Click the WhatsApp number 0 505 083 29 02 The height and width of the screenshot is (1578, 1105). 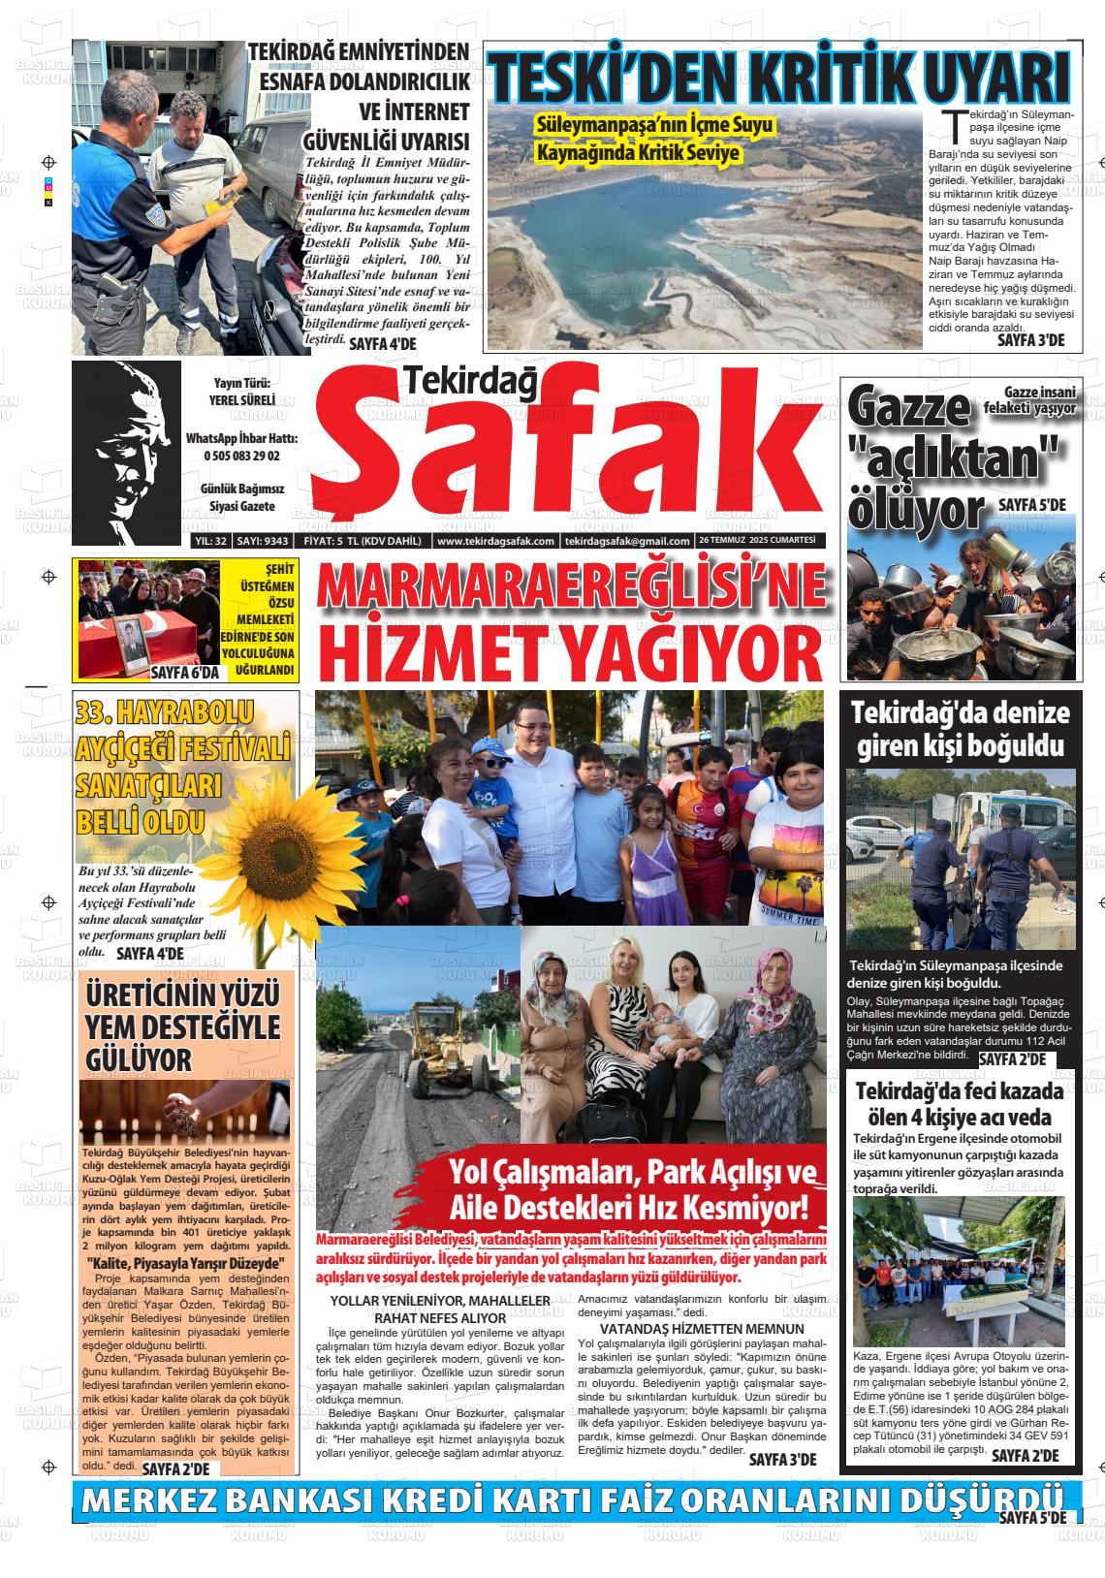[x=242, y=456]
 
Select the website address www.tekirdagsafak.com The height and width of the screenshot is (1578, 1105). [x=494, y=541]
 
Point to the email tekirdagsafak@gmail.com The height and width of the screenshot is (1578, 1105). [x=626, y=541]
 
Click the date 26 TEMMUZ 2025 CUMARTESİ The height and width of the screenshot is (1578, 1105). [x=757, y=541]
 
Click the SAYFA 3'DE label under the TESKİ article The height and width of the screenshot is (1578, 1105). [x=1030, y=340]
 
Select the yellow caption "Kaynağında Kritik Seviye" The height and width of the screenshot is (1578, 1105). [x=638, y=153]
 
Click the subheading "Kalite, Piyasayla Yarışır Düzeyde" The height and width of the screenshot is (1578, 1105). [x=185, y=1263]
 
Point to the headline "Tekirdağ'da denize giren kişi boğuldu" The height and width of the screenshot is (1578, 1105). [x=960, y=729]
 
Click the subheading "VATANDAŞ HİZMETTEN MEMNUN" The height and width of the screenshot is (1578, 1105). [x=702, y=1328]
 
